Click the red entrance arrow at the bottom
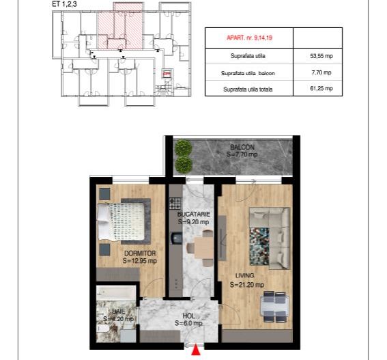click(x=197, y=350)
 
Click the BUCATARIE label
click(x=193, y=214)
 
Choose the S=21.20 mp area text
click(x=247, y=285)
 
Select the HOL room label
click(x=188, y=316)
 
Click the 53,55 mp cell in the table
click(x=317, y=55)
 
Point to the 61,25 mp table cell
click(x=317, y=89)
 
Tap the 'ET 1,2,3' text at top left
click(x=64, y=4)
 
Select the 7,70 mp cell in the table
click(x=317, y=72)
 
